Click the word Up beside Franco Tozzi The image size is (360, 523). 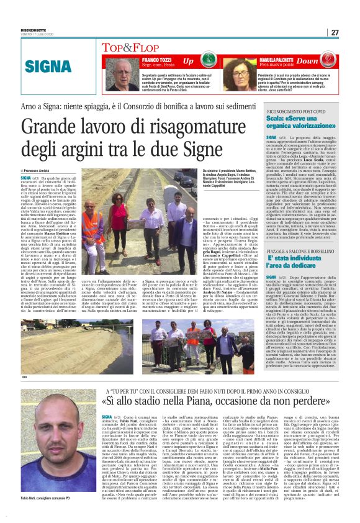coord(187,61)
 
